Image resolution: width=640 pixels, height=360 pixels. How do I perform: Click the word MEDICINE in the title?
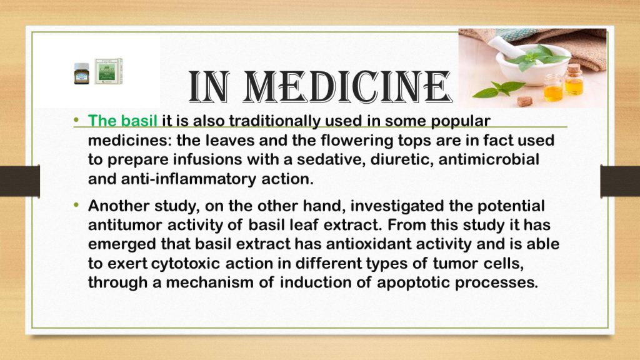[347, 86]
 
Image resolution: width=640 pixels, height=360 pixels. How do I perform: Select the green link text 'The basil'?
[122, 121]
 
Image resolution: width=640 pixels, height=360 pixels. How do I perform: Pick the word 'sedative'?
[330, 159]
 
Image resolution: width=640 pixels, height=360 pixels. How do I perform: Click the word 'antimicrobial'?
[489, 159]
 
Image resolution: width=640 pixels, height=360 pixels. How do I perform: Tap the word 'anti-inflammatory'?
[189, 179]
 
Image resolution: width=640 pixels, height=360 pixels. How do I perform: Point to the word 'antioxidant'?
[368, 244]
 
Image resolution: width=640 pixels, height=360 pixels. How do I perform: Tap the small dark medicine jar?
[82, 74]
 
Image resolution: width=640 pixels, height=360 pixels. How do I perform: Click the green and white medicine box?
[109, 71]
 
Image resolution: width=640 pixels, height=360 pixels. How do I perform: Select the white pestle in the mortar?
[504, 47]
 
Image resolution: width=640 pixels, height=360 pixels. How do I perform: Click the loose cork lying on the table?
[525, 101]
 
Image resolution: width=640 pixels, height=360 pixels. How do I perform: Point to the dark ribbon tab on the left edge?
[19, 181]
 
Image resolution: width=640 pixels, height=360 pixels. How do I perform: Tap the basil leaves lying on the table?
[498, 89]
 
